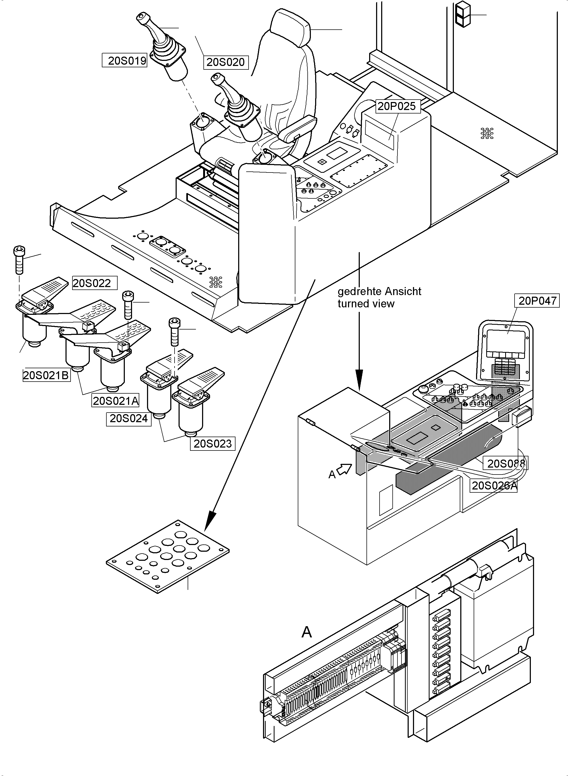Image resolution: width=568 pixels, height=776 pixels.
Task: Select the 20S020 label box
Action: pyautogui.click(x=226, y=62)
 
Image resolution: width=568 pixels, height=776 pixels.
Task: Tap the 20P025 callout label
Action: pyautogui.click(x=396, y=106)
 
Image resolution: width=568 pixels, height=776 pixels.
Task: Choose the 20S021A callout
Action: pyautogui.click(x=115, y=401)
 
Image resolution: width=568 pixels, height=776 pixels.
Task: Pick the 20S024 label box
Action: pyautogui.click(x=129, y=418)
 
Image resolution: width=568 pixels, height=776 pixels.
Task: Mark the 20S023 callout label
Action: pyautogui.click(x=212, y=444)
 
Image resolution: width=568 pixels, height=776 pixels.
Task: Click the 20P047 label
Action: pyautogui.click(x=537, y=301)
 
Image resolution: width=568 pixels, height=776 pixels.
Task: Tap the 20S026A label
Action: pyautogui.click(x=494, y=485)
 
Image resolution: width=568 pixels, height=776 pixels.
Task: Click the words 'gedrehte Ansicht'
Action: pyautogui.click(x=379, y=291)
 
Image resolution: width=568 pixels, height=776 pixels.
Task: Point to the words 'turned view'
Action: pyautogui.click(x=366, y=304)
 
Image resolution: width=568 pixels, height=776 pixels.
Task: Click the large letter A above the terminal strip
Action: pyautogui.click(x=306, y=632)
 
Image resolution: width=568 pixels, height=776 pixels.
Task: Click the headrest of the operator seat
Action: pyautogui.click(x=291, y=28)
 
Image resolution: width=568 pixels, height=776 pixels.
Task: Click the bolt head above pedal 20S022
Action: pyautogui.click(x=19, y=251)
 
